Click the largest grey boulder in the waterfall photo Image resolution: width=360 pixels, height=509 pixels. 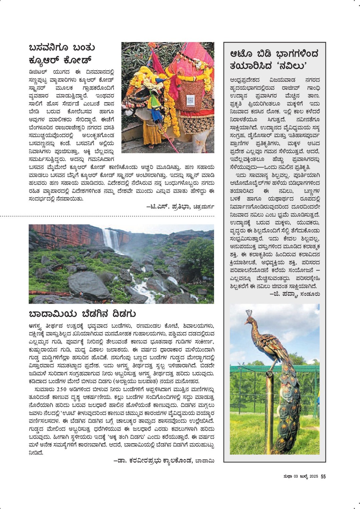click(x=88, y=285)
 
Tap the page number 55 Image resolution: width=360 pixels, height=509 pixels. click(x=323, y=477)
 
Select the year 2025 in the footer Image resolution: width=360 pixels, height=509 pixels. click(x=314, y=477)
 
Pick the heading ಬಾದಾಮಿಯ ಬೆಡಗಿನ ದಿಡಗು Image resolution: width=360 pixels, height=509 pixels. click(x=82, y=314)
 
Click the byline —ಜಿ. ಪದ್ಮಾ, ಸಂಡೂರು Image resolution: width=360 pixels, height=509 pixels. click(x=295, y=294)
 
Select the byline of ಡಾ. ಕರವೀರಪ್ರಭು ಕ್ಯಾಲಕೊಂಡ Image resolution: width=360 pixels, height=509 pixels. click(x=164, y=461)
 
